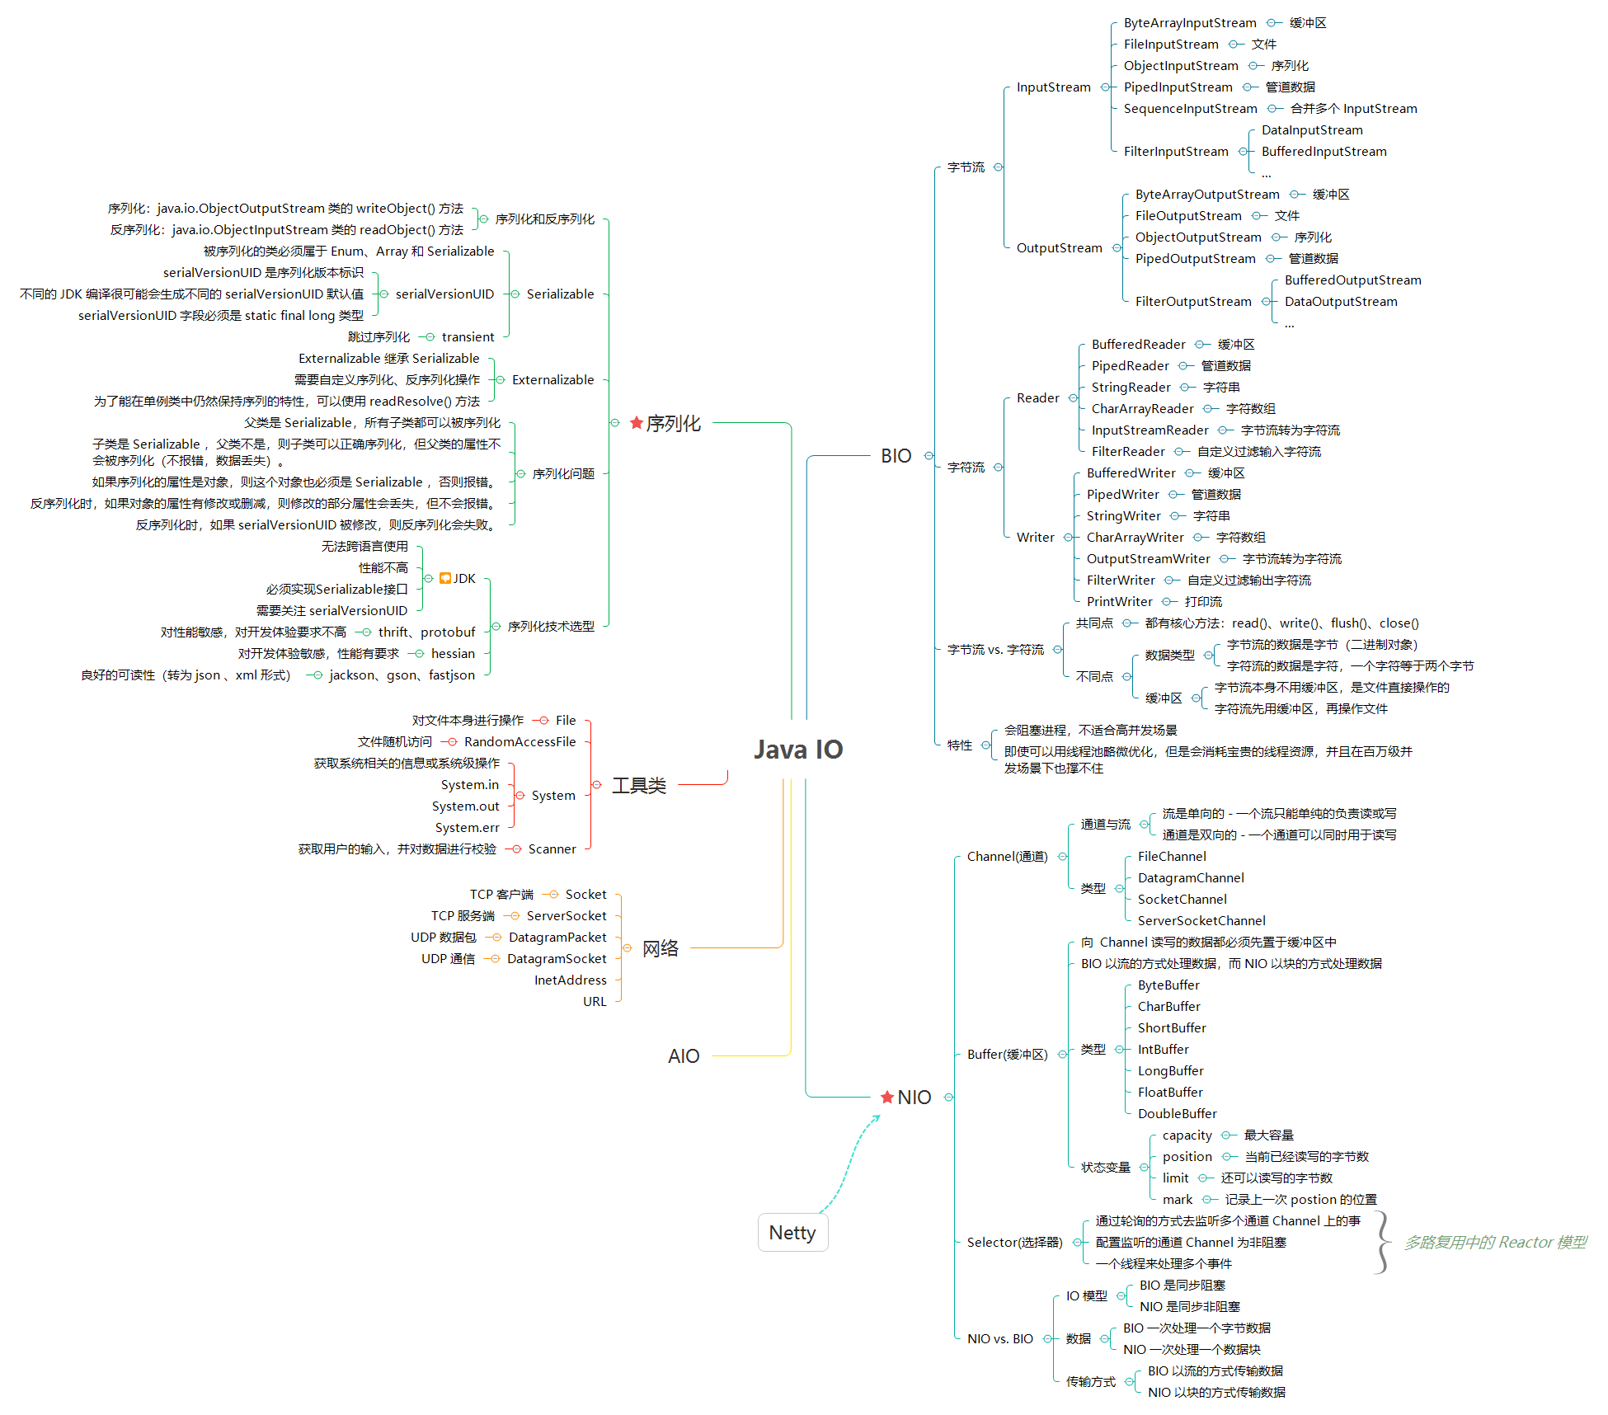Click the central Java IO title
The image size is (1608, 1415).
(x=797, y=749)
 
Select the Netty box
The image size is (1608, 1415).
(x=792, y=1232)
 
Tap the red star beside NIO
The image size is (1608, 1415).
(x=887, y=1097)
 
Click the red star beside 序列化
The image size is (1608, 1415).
(x=636, y=423)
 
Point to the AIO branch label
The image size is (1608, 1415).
(x=683, y=1055)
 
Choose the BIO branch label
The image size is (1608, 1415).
(x=896, y=455)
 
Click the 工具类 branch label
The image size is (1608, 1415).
(x=638, y=785)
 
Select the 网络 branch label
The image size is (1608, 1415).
(x=660, y=948)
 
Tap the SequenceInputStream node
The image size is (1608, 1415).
(x=1190, y=109)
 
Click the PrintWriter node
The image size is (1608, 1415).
(x=1119, y=602)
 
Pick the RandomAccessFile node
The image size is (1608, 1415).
(x=520, y=742)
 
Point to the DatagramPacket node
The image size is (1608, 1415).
(x=557, y=938)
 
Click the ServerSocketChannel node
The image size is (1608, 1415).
(x=1201, y=921)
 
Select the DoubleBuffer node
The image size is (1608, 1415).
(x=1177, y=1114)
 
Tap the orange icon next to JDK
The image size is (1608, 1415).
(x=445, y=578)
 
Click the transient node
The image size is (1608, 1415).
(x=468, y=337)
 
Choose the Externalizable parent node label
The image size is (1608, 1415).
(x=552, y=380)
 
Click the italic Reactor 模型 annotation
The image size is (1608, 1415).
(x=1494, y=1243)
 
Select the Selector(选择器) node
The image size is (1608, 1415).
(x=1014, y=1243)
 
